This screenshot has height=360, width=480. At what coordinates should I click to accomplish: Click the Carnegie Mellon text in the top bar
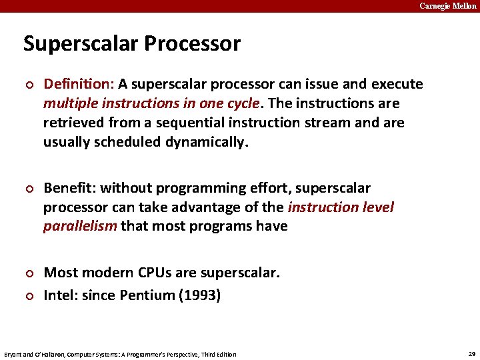tap(447, 6)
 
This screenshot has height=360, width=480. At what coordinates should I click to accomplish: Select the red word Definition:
tap(79, 84)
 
